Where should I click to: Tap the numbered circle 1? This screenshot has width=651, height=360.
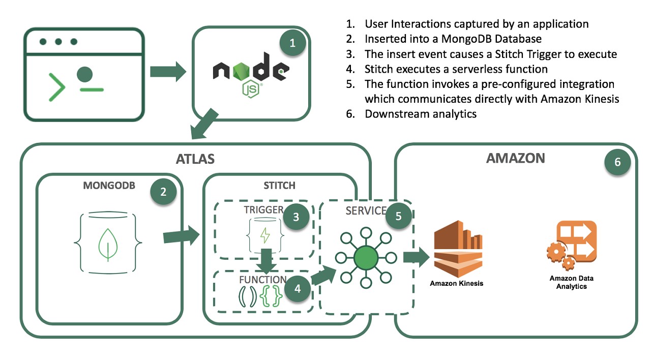(292, 43)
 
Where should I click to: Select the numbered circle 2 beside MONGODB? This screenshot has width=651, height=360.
(163, 192)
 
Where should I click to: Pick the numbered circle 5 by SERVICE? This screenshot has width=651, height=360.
(399, 216)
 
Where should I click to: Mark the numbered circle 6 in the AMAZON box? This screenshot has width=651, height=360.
(617, 162)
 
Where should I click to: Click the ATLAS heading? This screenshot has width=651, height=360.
(195, 159)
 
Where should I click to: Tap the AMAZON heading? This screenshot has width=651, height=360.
(515, 158)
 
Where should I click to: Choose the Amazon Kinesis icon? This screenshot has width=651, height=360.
(456, 249)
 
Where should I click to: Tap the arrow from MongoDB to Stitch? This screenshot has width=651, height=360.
(182, 236)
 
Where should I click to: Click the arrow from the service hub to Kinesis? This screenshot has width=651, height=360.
(416, 257)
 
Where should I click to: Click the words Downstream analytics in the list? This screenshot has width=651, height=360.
(421, 114)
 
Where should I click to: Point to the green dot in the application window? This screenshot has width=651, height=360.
(85, 75)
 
